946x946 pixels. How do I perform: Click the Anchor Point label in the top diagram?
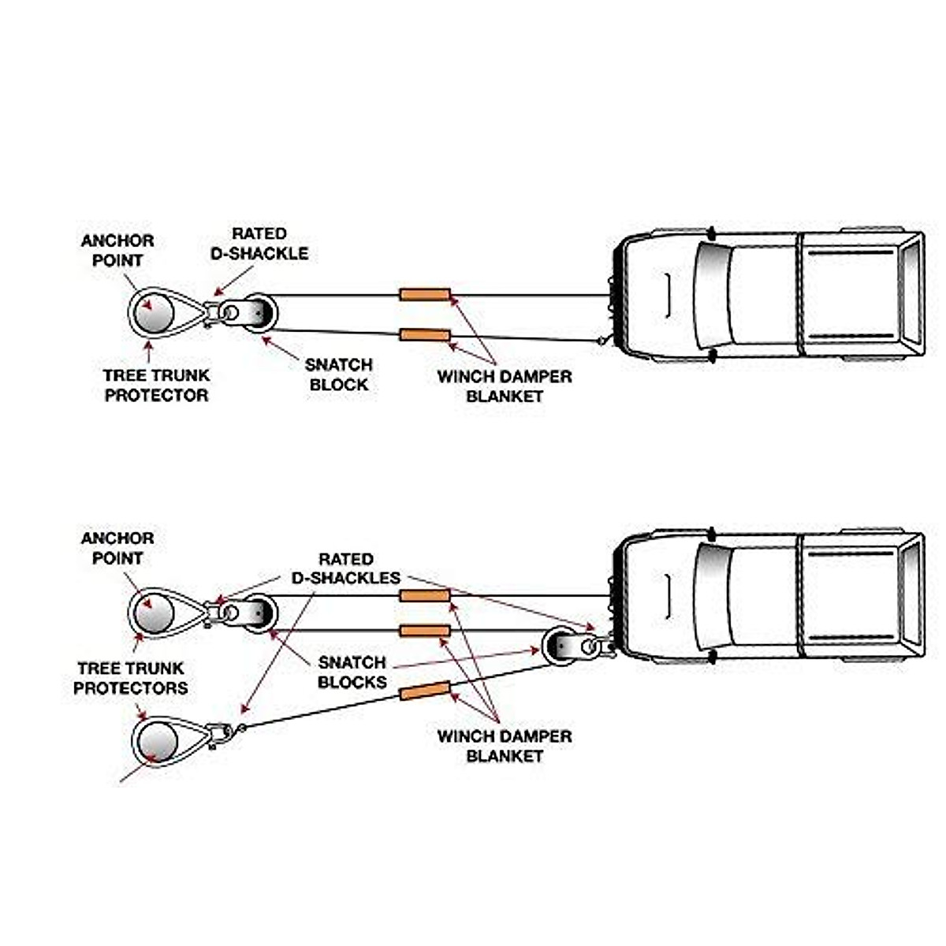pyautogui.click(x=117, y=250)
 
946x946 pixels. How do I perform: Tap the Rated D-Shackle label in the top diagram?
pyautogui.click(x=259, y=244)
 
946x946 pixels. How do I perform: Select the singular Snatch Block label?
pyautogui.click(x=338, y=374)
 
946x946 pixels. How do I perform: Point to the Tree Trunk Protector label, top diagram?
pyautogui.click(x=156, y=385)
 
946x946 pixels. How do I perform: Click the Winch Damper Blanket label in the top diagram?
pyautogui.click(x=505, y=385)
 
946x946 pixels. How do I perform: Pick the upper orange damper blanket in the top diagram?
pyautogui.click(x=424, y=295)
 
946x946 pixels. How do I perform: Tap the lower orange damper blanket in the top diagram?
pyautogui.click(x=424, y=335)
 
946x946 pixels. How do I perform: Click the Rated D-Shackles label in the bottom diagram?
pyautogui.click(x=346, y=568)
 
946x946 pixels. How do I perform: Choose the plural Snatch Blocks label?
pyautogui.click(x=352, y=672)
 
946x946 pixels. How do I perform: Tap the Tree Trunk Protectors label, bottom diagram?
pyautogui.click(x=131, y=678)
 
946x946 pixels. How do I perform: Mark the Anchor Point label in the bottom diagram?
pyautogui.click(x=117, y=548)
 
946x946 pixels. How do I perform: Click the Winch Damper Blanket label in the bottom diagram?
pyautogui.click(x=505, y=746)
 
